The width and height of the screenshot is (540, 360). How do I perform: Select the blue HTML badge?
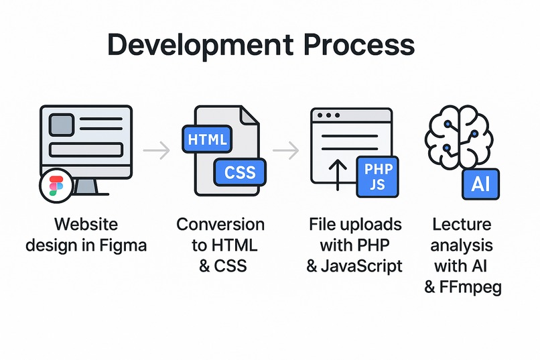pos(208,140)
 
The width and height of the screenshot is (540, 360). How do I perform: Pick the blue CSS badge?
pos(239,172)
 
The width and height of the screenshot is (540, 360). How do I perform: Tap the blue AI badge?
pos(481,183)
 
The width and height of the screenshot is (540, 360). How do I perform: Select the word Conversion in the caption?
pos(220,224)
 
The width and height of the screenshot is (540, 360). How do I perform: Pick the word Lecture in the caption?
pos(462,224)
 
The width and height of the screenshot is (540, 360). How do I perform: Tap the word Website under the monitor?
pos(86,224)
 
